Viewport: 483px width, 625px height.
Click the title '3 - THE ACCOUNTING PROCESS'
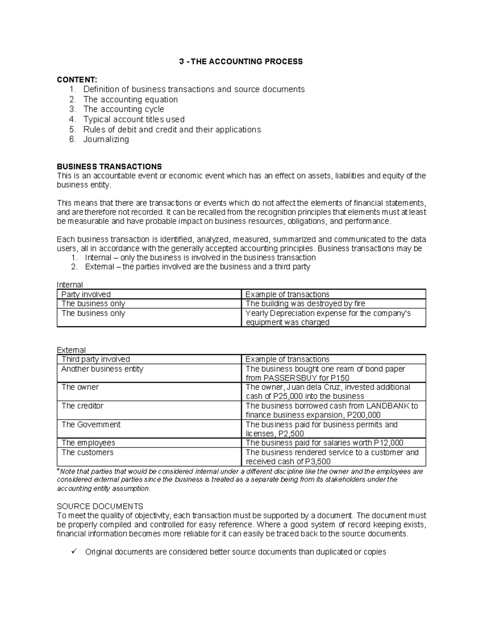(241, 62)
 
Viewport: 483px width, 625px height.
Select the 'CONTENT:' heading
(77, 80)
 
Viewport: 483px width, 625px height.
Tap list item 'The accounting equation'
(130, 99)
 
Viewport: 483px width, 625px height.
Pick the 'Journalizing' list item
(106, 139)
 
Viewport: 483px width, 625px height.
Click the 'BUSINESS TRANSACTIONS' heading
(109, 167)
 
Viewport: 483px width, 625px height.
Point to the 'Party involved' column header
(86, 295)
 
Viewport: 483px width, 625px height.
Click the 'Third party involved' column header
(95, 359)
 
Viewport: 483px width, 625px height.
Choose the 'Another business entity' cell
(102, 369)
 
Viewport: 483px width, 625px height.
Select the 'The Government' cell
(91, 425)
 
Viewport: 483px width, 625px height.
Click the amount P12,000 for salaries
(388, 443)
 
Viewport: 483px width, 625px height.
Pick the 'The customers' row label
(87, 453)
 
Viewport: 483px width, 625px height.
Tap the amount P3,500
(317, 462)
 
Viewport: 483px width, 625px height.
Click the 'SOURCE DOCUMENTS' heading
(100, 506)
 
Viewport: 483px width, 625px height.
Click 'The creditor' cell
(82, 406)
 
